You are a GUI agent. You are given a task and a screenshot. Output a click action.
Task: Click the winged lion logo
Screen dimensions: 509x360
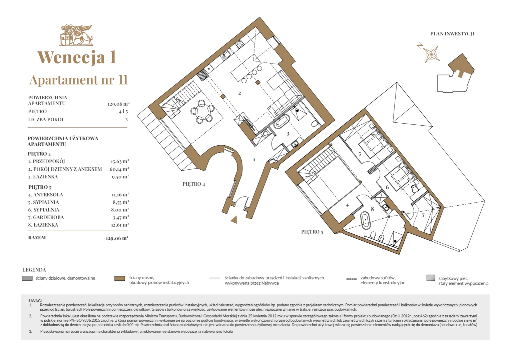point(76,35)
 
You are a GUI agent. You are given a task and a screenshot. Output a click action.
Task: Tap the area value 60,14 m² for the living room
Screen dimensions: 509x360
point(119,169)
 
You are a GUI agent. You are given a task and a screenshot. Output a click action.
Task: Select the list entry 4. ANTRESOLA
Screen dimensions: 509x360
point(46,195)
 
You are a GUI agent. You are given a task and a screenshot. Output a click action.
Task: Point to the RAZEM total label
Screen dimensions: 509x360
point(37,238)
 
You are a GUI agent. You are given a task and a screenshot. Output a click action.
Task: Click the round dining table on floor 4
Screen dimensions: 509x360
point(202,112)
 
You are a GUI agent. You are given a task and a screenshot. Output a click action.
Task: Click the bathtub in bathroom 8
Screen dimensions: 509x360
point(365,221)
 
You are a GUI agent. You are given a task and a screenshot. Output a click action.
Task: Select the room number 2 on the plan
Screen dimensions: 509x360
point(239,93)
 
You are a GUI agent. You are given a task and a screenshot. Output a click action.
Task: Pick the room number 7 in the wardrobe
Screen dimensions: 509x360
point(423,215)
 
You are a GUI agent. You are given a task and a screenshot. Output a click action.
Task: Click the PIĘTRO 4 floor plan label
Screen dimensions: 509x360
point(193,184)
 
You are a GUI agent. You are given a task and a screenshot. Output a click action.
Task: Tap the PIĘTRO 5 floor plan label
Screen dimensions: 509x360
point(312,232)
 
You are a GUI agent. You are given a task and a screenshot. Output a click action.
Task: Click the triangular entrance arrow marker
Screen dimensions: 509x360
point(234,220)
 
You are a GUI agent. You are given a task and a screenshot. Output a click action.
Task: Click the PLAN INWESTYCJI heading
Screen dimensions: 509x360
point(452,34)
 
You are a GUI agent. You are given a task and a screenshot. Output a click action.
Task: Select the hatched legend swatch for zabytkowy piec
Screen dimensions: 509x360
point(431,278)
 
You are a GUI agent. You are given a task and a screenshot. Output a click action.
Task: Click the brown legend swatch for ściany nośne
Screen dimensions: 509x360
point(120,278)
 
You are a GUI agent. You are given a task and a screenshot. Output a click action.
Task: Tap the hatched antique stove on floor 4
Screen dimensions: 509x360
point(202,75)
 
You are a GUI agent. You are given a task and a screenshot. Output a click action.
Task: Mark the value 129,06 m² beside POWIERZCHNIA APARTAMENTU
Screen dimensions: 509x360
point(119,104)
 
